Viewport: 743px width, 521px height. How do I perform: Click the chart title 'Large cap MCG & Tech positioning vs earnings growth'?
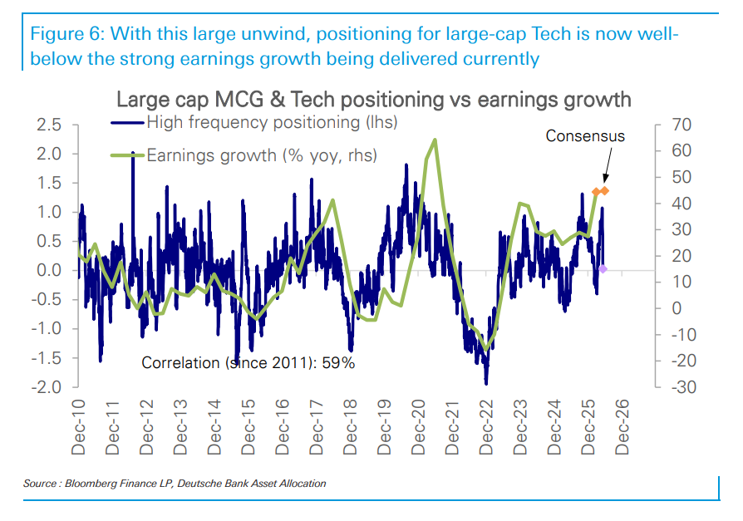(373, 100)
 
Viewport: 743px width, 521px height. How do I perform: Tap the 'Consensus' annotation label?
(585, 136)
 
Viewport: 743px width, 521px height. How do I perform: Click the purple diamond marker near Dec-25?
(603, 269)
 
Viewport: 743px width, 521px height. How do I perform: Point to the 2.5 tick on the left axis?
(49, 125)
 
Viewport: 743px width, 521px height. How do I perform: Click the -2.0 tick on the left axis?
(47, 387)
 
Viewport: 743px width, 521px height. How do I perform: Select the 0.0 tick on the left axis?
(49, 270)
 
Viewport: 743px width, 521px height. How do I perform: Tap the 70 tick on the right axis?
(681, 125)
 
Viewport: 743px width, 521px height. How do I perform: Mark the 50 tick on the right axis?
(681, 177)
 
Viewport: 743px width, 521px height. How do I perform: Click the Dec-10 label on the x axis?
(78, 427)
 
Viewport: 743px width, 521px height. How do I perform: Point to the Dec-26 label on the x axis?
(622, 427)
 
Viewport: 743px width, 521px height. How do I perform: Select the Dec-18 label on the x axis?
(350, 427)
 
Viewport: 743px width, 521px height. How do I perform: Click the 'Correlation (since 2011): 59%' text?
(248, 363)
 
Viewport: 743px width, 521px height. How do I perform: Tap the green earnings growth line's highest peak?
(435, 140)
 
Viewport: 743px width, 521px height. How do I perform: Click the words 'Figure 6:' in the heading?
(67, 34)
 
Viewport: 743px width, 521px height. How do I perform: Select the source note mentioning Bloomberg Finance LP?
(175, 483)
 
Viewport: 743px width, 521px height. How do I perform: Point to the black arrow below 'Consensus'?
(607, 165)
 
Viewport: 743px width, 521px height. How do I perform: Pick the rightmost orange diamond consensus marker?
(604, 191)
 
